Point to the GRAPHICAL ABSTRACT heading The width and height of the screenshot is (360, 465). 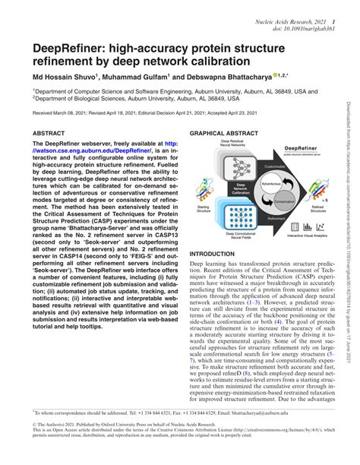point(227,132)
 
